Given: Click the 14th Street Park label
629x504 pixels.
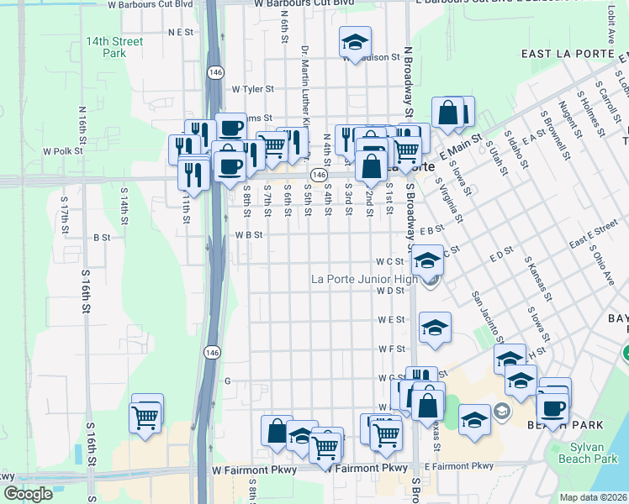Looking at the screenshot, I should pos(114,47).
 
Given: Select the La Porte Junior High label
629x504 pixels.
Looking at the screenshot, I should pos(364,279).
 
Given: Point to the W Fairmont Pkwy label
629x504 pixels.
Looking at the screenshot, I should pos(255,470).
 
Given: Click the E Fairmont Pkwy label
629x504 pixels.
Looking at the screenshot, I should pos(459,466).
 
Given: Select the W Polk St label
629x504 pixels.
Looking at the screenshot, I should pos(64,151).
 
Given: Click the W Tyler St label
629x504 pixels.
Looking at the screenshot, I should pos(253,88).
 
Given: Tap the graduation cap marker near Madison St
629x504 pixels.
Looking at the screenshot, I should pos(356,42).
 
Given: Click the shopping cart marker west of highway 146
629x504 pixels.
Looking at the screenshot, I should pos(145,415).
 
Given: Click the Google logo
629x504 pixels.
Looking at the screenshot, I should pos(28,494).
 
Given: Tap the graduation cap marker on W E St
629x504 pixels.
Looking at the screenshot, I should pos(435,328).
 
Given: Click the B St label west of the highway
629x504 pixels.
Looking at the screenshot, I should pos(102,238).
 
